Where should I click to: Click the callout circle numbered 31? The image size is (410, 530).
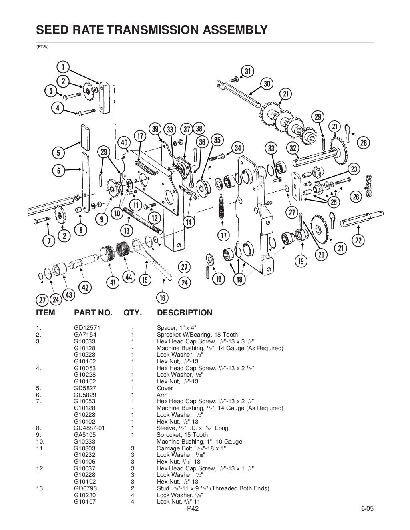248,71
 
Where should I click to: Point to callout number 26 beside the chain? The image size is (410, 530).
356,196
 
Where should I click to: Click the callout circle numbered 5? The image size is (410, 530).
59,153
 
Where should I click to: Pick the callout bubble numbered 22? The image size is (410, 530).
358,240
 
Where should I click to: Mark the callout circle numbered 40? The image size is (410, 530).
125,143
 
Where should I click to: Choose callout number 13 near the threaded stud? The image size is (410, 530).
127,230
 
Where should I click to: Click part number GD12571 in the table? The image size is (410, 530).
84,328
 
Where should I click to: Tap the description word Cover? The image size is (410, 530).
165,388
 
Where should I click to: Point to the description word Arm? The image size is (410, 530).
162,395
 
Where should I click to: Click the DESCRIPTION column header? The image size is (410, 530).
185,313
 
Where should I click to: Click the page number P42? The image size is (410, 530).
193,509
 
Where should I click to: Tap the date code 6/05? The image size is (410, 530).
367,509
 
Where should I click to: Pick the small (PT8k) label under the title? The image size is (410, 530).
42,47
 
